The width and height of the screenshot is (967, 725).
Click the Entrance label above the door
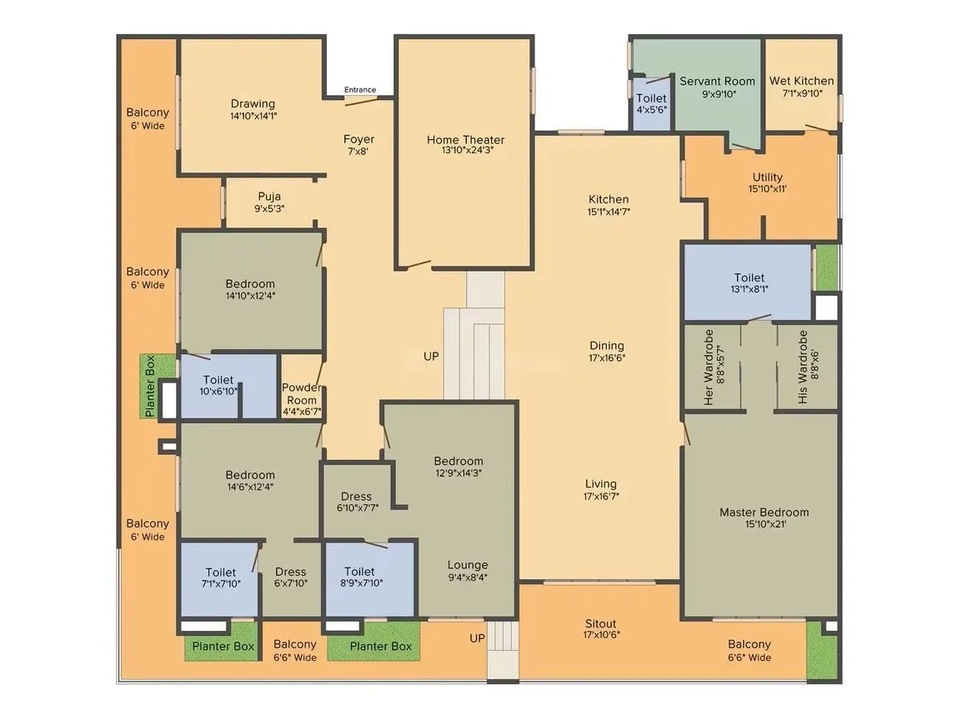360,90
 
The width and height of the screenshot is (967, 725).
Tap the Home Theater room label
465,140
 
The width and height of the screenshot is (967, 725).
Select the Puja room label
268,197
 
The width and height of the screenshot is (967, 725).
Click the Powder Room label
301,393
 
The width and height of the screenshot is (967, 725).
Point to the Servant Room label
717,81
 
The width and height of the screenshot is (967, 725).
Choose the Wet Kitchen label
801,81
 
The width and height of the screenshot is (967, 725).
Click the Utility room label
767,177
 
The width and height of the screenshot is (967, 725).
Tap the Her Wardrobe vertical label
709,367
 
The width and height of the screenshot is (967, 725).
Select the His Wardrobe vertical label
803,367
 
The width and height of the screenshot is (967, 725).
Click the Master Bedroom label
764,512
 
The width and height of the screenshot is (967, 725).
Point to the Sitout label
600,623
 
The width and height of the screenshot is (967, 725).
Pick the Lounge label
467,565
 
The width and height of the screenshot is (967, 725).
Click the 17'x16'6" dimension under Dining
607,358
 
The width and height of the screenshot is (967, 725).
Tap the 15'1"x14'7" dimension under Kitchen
609,212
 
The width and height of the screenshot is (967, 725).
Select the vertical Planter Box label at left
150,387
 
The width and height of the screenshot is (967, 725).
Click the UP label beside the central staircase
431,356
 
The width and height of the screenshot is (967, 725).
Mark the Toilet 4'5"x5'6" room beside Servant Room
651,104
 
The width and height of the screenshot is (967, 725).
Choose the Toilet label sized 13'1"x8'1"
749,277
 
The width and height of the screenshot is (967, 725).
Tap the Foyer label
358,139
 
